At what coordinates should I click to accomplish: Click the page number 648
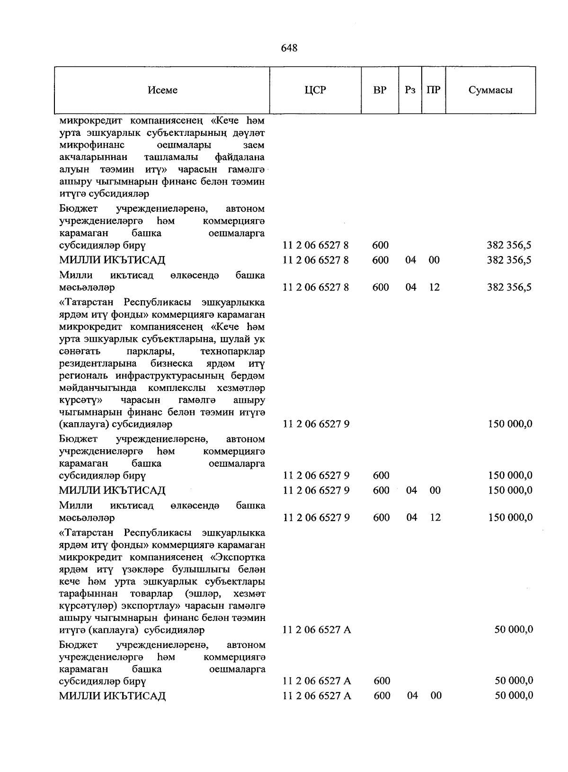pos(289,48)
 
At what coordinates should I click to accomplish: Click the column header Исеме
pos(162,90)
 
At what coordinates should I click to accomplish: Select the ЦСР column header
pos(315,90)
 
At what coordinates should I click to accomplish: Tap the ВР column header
pos(380,90)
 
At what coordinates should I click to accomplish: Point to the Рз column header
pos(410,90)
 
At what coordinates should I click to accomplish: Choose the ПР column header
pos(433,90)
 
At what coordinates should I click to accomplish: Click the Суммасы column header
pos(490,90)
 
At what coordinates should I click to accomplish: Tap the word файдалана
pos(240,157)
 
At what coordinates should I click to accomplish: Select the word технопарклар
pos(232,352)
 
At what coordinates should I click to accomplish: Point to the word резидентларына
pos(98,364)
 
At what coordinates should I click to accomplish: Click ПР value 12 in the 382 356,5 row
pos(435,287)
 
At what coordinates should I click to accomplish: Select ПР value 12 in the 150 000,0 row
pos(435,517)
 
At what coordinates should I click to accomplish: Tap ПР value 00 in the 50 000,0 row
pos(435,696)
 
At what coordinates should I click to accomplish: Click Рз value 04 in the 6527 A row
pos(412,696)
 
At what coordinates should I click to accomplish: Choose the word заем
pos(254,145)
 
